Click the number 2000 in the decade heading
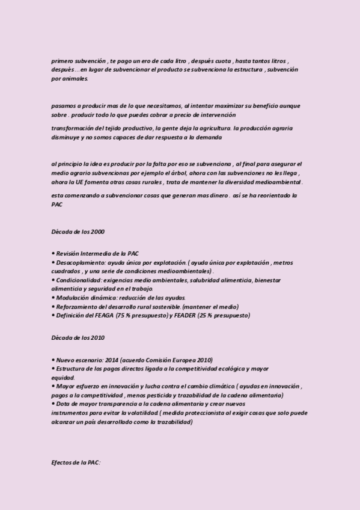point(97,232)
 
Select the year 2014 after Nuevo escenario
point(112,360)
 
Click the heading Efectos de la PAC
point(76,463)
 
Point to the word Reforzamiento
point(75,307)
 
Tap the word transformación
point(72,129)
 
